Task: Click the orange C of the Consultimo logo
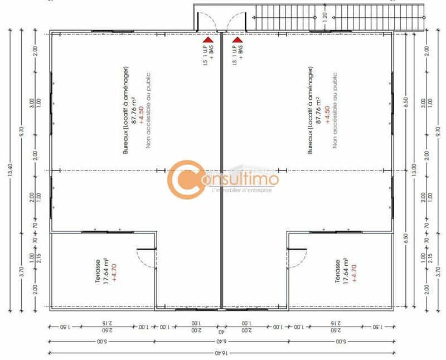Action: [x=187, y=179]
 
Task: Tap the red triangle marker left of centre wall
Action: [x=207, y=40]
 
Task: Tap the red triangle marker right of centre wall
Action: [x=237, y=40]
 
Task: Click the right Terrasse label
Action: [x=338, y=271]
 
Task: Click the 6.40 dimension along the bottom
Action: [x=222, y=342]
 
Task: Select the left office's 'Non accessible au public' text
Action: [x=149, y=111]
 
